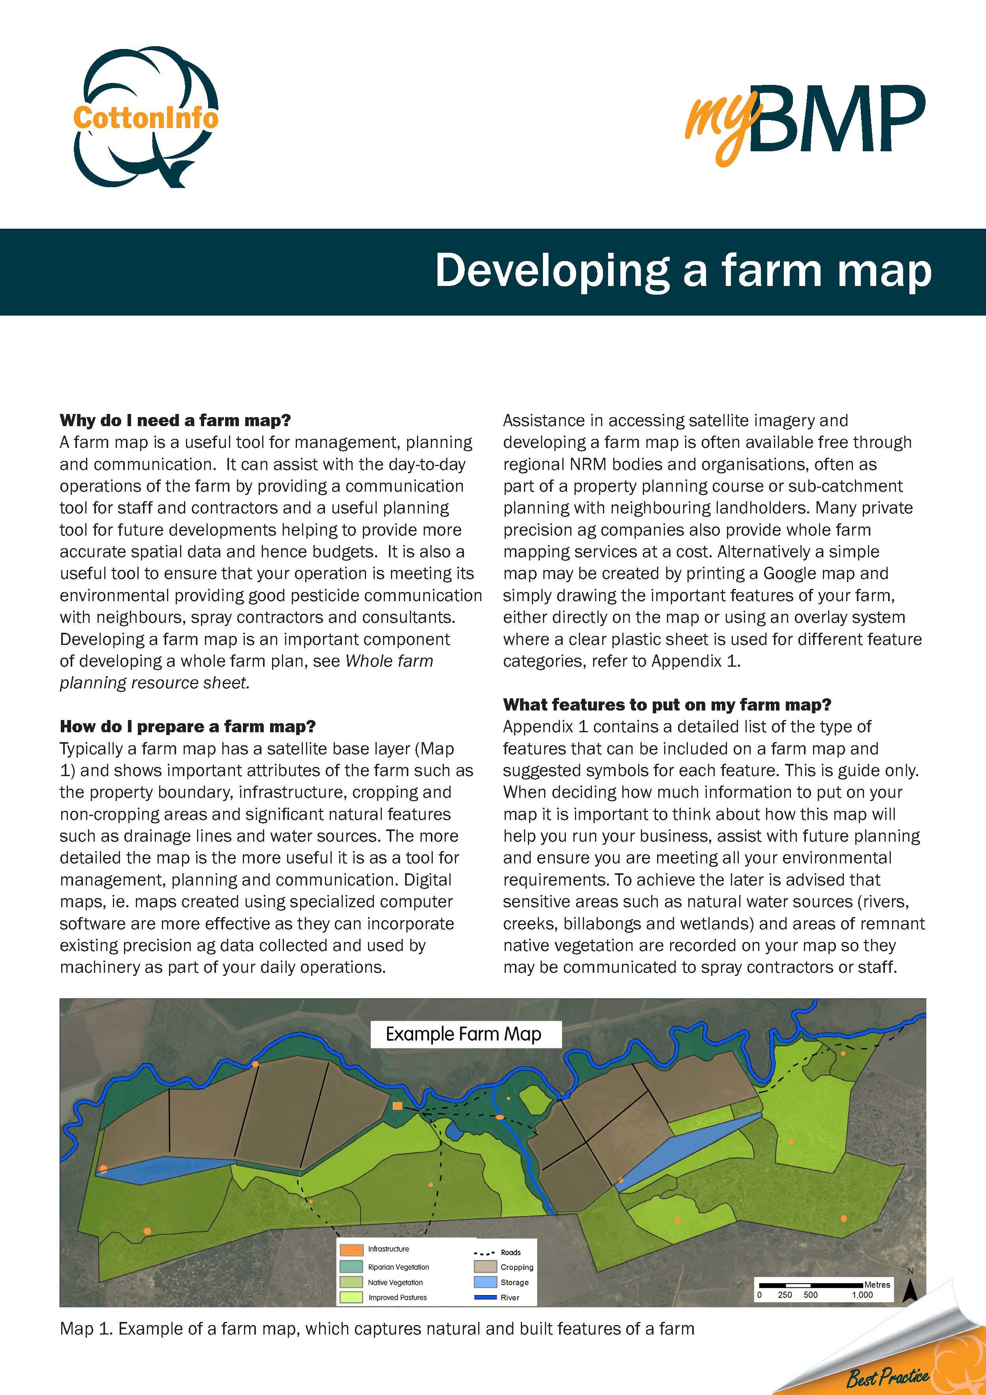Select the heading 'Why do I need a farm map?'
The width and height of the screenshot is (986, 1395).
pyautogui.click(x=175, y=421)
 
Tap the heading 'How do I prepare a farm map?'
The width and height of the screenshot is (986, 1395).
pyautogui.click(x=188, y=727)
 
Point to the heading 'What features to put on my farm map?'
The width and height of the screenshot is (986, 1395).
pyautogui.click(x=667, y=705)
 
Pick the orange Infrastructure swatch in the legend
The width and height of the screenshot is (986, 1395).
pyautogui.click(x=352, y=1250)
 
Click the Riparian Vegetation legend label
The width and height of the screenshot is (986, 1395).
pyautogui.click(x=398, y=1267)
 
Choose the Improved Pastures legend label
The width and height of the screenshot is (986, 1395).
pyautogui.click(x=397, y=1297)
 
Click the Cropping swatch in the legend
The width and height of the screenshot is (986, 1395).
pyautogui.click(x=485, y=1267)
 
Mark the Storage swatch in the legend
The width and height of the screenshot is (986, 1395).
pyautogui.click(x=485, y=1282)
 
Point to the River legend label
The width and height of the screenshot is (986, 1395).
pyautogui.click(x=510, y=1297)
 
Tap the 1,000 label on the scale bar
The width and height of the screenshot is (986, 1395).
pyautogui.click(x=862, y=1295)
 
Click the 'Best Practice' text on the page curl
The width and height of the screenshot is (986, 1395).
pyautogui.click(x=888, y=1377)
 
